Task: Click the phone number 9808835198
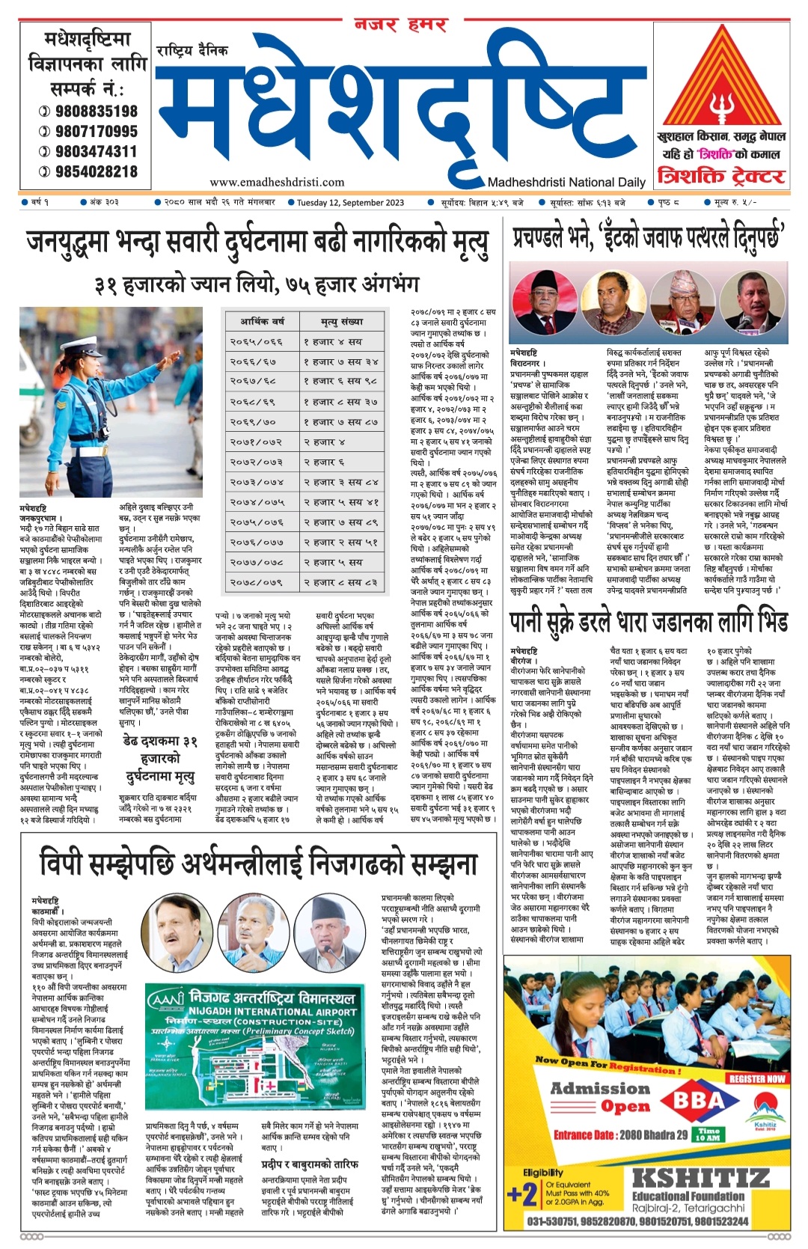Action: pos(96,111)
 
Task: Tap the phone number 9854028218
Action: pos(96,171)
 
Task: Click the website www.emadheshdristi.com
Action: pos(277,182)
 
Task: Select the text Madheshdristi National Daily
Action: pos(566,182)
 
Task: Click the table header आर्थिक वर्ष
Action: pos(262,322)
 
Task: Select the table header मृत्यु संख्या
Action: pos(342,322)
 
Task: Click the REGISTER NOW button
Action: pos(756,1078)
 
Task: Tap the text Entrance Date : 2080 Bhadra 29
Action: pos(620,1135)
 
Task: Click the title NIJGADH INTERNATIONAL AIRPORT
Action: pos(274,1011)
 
